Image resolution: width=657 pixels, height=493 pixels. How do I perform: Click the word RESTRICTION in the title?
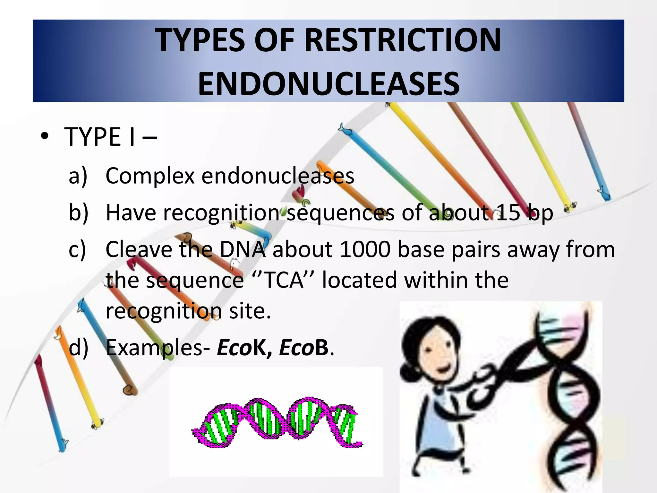pyautogui.click(x=402, y=40)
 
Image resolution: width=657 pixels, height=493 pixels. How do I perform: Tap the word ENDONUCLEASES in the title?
pyautogui.click(x=329, y=84)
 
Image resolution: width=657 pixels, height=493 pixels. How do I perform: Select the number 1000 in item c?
pyautogui.click(x=365, y=249)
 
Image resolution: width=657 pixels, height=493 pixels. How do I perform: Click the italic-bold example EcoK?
pyautogui.click(x=240, y=348)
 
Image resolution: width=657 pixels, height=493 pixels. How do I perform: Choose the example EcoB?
pyautogui.click(x=303, y=348)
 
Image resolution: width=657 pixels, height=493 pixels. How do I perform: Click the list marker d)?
pyautogui.click(x=78, y=348)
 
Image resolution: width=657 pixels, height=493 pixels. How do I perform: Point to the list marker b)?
pyautogui.click(x=78, y=212)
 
